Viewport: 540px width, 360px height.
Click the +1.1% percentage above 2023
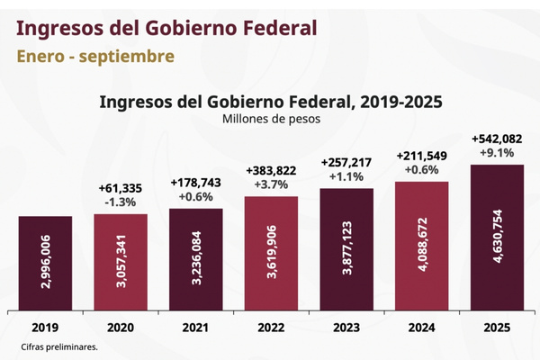(x=346, y=177)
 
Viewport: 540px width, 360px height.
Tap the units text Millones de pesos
(x=270, y=118)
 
